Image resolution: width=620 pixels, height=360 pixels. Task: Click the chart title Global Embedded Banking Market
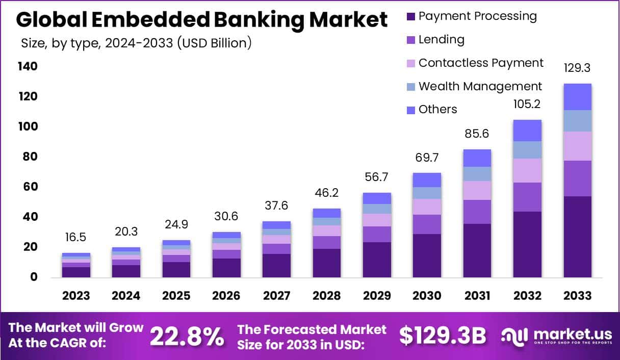coord(201,20)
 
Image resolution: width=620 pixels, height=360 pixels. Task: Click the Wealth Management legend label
coord(480,86)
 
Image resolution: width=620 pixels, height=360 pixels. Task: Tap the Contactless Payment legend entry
coord(481,63)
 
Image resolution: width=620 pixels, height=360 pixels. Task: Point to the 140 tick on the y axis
coord(28,67)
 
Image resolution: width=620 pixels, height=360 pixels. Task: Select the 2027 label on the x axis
coord(276,296)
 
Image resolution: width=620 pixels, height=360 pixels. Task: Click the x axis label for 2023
coord(76,296)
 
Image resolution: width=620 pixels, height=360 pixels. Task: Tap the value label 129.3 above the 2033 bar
coord(577,68)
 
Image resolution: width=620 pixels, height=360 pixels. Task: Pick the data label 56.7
coord(377,177)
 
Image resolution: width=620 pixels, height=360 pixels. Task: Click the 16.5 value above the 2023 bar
coord(76,238)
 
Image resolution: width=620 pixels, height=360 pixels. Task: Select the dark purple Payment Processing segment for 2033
coord(577,237)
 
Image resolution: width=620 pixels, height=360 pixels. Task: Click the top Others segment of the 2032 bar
coord(527,131)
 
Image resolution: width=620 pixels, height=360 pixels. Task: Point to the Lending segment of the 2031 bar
coord(477,212)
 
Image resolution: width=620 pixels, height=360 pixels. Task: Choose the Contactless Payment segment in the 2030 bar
coord(427,207)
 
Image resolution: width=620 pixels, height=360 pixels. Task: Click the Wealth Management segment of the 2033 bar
coord(577,121)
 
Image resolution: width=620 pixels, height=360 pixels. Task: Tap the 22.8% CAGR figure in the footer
coord(187,336)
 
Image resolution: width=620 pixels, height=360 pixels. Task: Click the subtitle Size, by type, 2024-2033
coord(136,43)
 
